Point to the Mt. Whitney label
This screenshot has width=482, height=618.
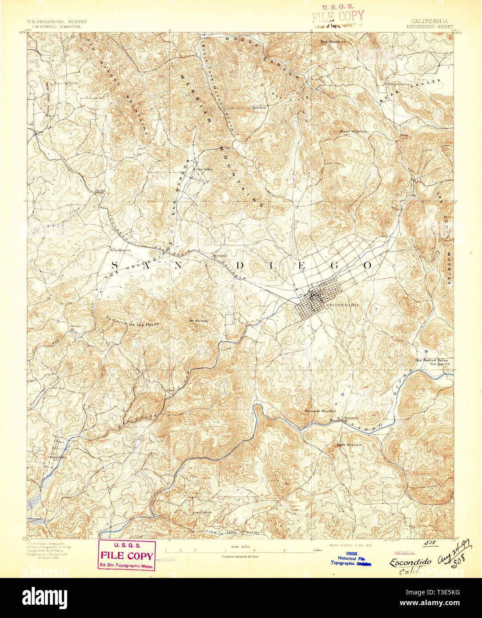point(199,321)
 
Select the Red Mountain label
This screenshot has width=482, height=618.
point(333,42)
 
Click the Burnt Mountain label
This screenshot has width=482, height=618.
point(353,132)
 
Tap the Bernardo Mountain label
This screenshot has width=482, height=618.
point(320,411)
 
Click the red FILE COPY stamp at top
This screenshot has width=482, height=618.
point(337,16)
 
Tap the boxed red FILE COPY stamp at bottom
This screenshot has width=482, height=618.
point(127,555)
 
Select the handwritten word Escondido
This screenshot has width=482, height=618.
point(410,562)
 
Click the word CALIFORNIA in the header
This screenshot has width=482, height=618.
point(430,21)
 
